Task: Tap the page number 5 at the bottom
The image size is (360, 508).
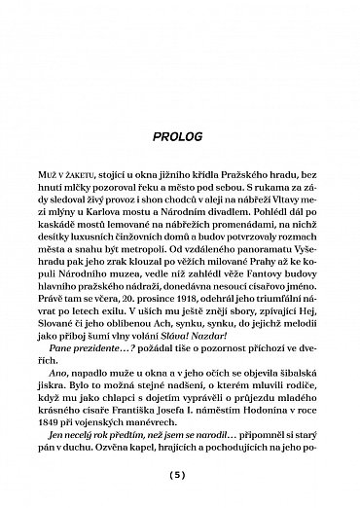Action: [179, 474]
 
